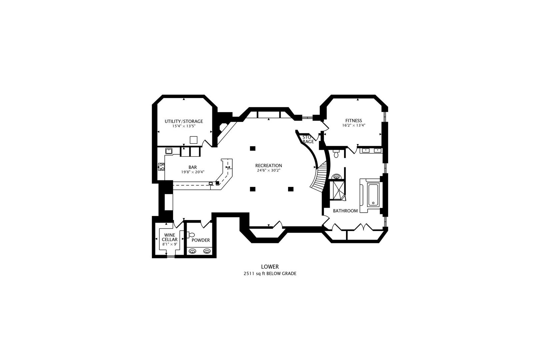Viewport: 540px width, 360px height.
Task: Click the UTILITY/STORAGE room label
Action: coord(184,121)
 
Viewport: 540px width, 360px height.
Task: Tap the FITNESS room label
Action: coord(354,121)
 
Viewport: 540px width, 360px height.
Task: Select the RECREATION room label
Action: coord(269,166)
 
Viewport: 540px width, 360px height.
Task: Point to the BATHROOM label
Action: coord(345,211)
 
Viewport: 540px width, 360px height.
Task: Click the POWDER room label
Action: coord(201,240)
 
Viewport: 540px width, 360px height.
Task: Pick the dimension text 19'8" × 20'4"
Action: coord(193,172)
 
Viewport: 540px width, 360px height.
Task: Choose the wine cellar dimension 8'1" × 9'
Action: coord(170,244)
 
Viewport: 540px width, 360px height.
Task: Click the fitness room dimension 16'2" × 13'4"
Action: coord(354,125)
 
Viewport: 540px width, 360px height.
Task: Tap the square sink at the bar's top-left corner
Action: coord(169,151)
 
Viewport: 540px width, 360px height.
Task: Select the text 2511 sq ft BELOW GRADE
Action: coord(270,274)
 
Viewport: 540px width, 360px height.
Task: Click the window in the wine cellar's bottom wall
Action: coord(171,257)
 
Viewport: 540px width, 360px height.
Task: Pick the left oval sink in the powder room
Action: coord(192,251)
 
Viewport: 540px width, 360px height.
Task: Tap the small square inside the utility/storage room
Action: coord(194,140)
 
